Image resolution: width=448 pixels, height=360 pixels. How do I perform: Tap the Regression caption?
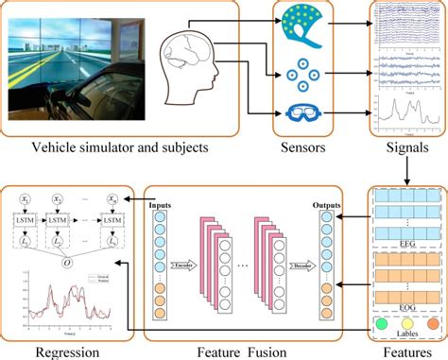pos(44,349)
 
